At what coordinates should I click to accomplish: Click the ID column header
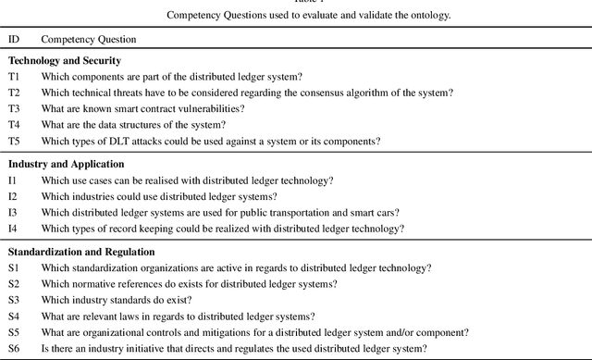tap(14, 40)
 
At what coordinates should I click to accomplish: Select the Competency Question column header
tap(88, 40)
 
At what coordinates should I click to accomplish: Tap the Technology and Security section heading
tap(68, 60)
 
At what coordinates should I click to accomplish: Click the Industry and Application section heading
tap(66, 164)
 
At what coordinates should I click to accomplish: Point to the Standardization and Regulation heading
tap(81, 252)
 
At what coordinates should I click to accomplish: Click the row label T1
tap(14, 77)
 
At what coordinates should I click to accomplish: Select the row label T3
tap(14, 108)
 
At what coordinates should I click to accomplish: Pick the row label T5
tap(14, 141)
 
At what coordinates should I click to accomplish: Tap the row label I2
tap(13, 196)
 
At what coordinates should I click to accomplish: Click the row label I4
tap(13, 229)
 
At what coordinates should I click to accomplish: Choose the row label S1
tap(14, 268)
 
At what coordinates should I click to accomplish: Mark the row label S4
tap(14, 317)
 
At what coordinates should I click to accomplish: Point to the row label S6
tap(14, 349)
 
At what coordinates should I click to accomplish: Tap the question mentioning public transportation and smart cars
tap(220, 213)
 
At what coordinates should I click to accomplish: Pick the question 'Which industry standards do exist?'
tap(116, 301)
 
